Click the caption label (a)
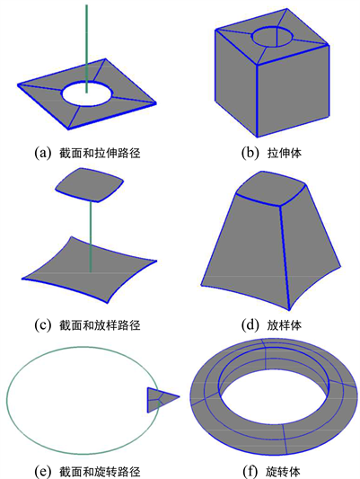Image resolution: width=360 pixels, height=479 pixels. [x=42, y=153]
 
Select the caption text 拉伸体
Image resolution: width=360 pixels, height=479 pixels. [x=284, y=153]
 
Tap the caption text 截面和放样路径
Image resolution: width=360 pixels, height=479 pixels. [x=100, y=324]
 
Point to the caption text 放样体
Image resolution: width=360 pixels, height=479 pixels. [x=284, y=324]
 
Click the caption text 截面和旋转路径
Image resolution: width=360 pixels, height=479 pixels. [x=100, y=471]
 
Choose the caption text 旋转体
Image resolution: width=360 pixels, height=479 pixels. [x=283, y=471]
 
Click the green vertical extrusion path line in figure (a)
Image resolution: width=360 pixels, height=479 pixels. [x=87, y=49]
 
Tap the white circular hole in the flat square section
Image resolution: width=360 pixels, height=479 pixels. [x=87, y=94]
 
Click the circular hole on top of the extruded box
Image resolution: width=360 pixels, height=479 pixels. [x=272, y=37]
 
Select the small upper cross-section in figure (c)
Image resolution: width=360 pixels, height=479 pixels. [x=90, y=184]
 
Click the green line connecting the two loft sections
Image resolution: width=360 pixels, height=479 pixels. [x=91, y=235]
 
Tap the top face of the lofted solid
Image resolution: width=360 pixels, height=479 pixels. [x=271, y=189]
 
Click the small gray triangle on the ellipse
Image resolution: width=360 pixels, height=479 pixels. [x=160, y=400]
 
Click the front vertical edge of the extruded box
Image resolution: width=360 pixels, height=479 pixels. [x=257, y=101]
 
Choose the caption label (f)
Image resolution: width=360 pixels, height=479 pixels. [x=250, y=471]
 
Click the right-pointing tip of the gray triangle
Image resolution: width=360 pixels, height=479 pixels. [x=180, y=397]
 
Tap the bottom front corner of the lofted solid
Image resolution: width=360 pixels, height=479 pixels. [x=289, y=310]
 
